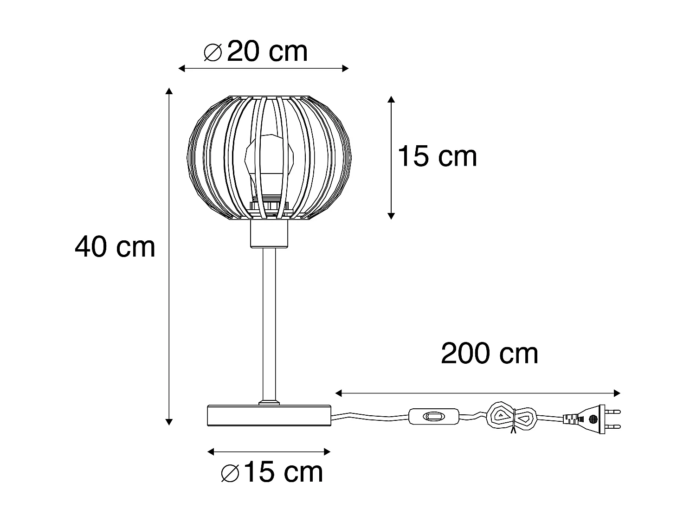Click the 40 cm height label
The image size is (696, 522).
click(x=115, y=247)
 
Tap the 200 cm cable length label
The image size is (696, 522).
click(x=490, y=354)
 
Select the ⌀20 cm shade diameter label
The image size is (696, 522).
click(x=256, y=52)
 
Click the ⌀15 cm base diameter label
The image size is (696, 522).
click(x=272, y=473)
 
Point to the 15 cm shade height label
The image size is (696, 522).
click(x=437, y=156)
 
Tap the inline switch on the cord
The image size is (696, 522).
click(x=434, y=416)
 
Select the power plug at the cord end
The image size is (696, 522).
click(x=592, y=419)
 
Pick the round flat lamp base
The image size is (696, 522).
click(x=269, y=415)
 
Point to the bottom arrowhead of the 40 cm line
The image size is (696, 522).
click(x=169, y=422)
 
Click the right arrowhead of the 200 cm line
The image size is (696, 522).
click(x=618, y=393)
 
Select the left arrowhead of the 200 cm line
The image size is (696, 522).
click(x=338, y=393)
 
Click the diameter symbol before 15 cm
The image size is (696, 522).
click(x=230, y=474)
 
